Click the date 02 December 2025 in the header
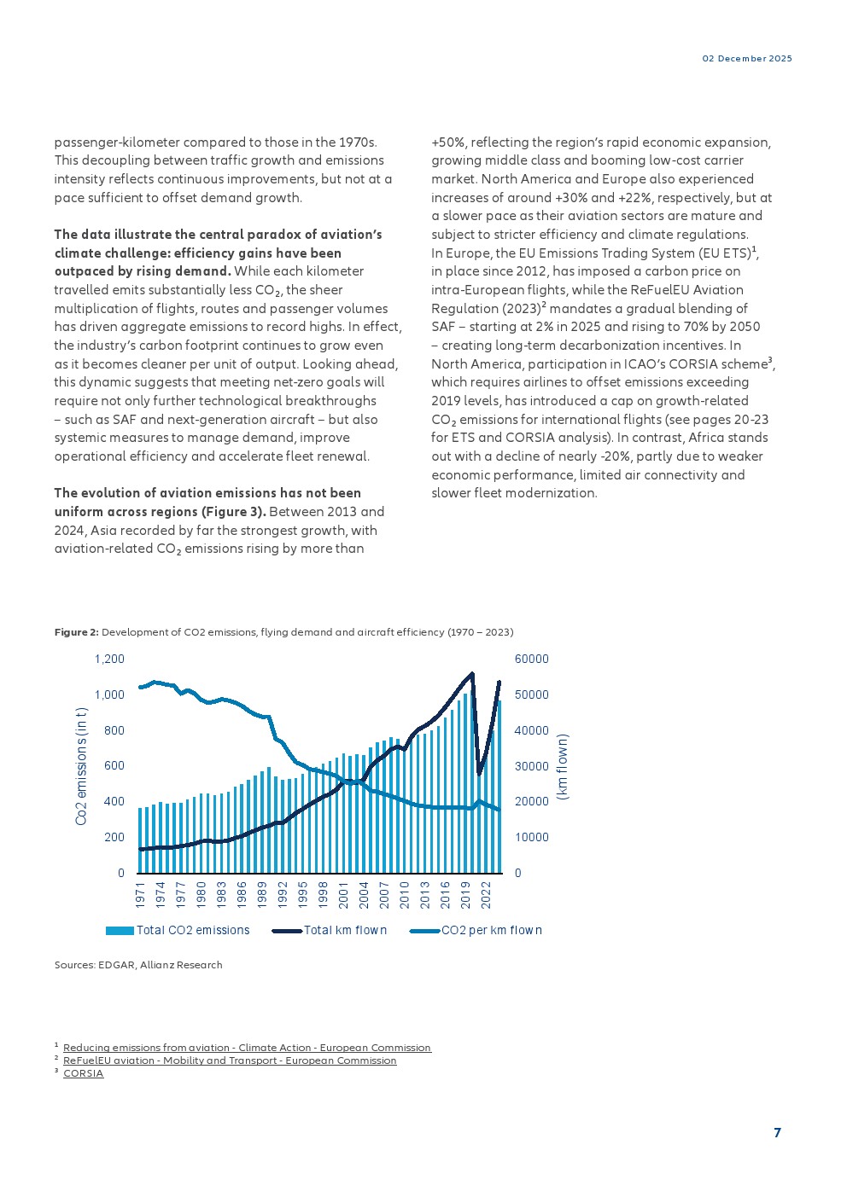(747, 59)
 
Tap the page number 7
(777, 1133)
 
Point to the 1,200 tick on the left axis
(109, 659)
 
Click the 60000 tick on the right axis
(531, 659)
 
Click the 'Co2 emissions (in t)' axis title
(82, 765)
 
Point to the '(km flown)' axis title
(562, 766)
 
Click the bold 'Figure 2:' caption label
(77, 632)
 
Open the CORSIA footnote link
(83, 1073)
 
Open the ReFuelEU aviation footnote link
(230, 1060)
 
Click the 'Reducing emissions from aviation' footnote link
(247, 1048)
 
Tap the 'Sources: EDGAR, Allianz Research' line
(138, 965)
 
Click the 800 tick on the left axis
(114, 730)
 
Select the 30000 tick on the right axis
(531, 766)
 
